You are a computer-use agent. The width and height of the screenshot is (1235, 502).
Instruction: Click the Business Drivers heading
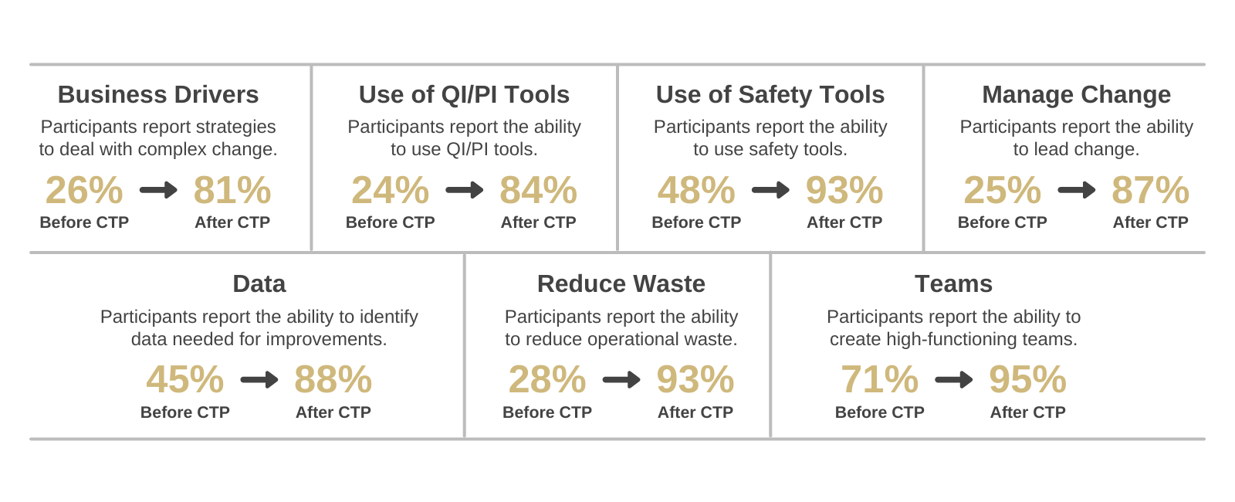[158, 94]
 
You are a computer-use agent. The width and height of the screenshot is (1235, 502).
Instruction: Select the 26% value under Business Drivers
[84, 190]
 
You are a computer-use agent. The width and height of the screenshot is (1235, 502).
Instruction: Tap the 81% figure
[232, 190]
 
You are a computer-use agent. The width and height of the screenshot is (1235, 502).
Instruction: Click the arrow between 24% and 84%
[465, 190]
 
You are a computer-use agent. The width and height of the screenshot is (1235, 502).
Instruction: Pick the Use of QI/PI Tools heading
[464, 94]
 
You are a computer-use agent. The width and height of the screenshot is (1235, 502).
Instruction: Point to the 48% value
[696, 190]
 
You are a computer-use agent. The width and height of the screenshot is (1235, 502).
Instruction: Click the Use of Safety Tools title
[770, 94]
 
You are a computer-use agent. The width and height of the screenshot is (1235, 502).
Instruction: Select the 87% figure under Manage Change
[1150, 190]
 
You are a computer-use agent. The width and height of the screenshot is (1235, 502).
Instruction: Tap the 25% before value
[1002, 190]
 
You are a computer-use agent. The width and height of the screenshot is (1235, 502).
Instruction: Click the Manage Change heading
[1076, 94]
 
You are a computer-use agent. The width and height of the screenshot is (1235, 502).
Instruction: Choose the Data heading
[259, 283]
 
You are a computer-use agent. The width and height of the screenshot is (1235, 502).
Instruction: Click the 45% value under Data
[185, 379]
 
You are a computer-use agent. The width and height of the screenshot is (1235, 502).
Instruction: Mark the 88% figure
[333, 379]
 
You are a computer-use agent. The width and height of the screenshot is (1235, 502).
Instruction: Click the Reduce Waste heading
[621, 283]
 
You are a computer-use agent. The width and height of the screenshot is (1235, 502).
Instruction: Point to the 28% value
[547, 379]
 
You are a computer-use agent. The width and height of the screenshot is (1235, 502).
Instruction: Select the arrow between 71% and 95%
[954, 379]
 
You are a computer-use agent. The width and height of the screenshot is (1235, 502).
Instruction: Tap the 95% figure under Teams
[1027, 379]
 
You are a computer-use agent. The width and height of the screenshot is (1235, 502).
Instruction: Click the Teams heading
[953, 283]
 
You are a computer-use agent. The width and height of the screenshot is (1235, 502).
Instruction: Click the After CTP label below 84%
[538, 222]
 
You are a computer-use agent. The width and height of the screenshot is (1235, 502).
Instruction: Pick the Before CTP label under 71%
[880, 412]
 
